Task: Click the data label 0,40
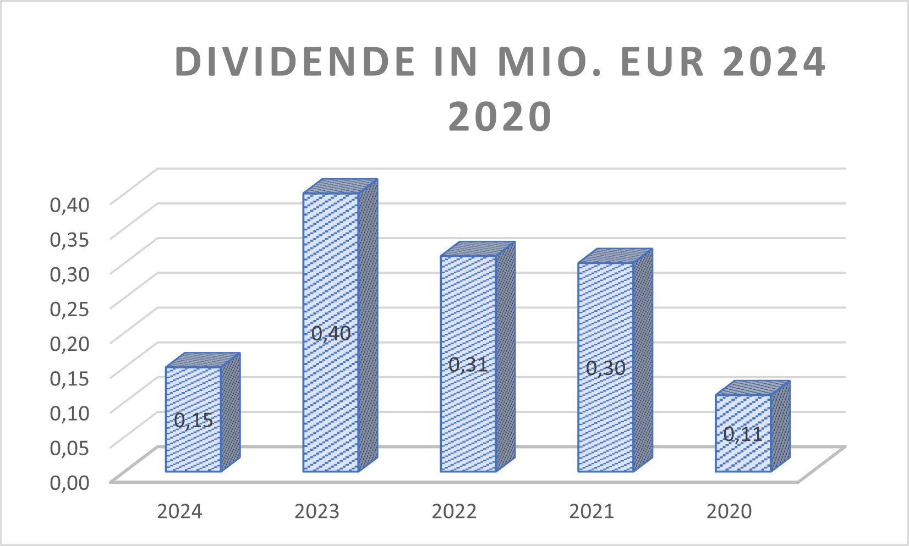[331, 333]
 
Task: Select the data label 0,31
[468, 365]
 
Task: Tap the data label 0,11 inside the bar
[743, 434]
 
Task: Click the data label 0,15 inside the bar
[194, 421]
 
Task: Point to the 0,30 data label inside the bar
[606, 368]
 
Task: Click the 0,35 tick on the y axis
[70, 239]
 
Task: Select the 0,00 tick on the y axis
[70, 482]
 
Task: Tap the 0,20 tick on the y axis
[70, 344]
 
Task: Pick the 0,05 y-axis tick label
[70, 448]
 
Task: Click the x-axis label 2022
[454, 512]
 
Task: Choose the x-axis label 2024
[179, 512]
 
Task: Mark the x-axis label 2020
[729, 512]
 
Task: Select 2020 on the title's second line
[500, 117]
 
